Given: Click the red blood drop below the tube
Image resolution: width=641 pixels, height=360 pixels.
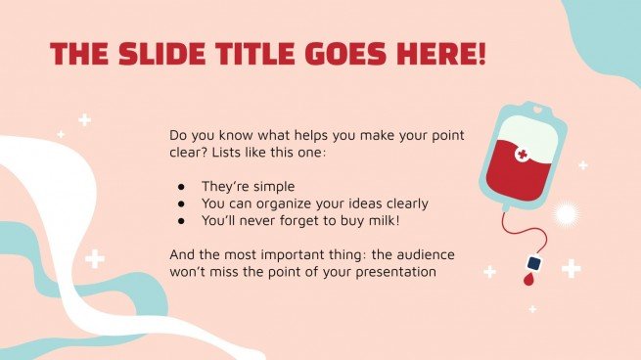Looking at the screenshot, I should (x=529, y=280).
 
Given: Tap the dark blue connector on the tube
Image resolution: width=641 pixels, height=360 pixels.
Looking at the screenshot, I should (x=533, y=263).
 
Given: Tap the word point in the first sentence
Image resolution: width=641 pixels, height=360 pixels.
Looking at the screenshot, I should (x=434, y=136).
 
